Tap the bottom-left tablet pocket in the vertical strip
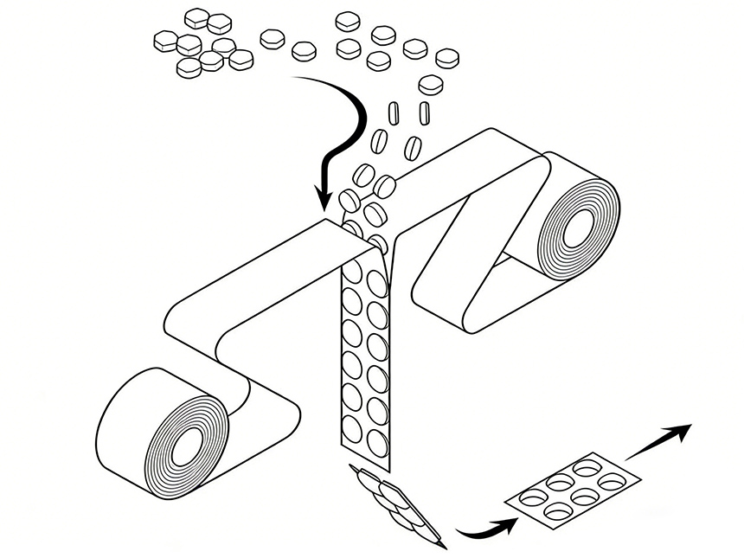354,428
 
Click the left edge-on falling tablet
394,113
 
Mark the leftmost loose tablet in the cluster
164,39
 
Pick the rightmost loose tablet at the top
446,58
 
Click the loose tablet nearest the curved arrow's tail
304,52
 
